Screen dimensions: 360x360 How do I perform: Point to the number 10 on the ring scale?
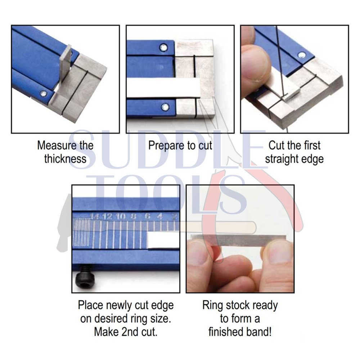coord(120,216)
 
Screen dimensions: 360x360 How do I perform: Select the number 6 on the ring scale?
coord(147,216)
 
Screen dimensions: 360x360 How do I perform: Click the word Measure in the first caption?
coord(54,145)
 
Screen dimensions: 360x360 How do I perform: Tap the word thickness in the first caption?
coord(65,159)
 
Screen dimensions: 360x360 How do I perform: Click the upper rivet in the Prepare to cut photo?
coord(163,48)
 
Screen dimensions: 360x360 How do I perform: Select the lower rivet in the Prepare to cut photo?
coord(165,107)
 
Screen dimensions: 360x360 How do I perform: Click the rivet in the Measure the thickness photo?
coord(43,94)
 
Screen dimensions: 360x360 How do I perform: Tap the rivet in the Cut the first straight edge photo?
coord(302,55)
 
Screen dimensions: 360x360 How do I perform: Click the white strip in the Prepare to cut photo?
coord(163,87)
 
